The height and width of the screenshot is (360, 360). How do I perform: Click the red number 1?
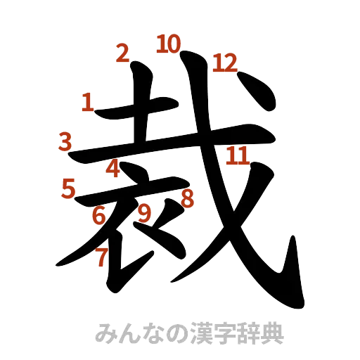tap(87, 103)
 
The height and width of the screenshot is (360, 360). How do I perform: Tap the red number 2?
tap(122, 53)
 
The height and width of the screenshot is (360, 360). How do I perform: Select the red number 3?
tap(65, 143)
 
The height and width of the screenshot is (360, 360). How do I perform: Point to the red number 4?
tap(114, 168)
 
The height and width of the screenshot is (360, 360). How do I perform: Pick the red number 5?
tap(68, 188)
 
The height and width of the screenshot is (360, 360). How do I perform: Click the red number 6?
tap(99, 215)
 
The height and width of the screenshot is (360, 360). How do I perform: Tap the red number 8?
tap(187, 199)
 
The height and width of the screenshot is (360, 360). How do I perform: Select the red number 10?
tap(168, 44)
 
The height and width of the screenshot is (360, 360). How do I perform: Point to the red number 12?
tap(226, 63)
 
